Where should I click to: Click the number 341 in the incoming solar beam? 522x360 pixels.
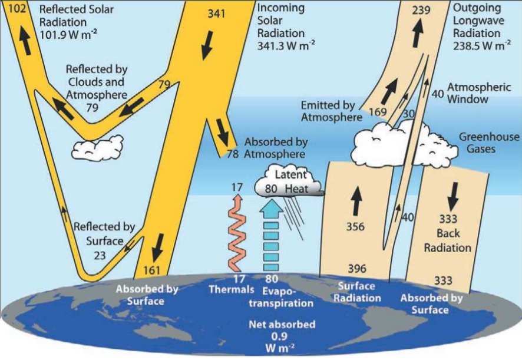point(216,14)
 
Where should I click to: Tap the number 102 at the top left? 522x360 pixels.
point(17,8)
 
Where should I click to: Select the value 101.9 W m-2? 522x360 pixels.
point(68,34)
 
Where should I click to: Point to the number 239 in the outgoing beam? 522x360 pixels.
point(421,10)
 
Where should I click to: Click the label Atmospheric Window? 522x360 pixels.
point(479,93)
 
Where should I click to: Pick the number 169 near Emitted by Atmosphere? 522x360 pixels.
point(378,111)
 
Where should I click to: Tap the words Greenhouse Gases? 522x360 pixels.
point(488,143)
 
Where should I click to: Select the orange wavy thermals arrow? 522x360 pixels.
point(237,233)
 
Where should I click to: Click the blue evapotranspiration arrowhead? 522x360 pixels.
point(272,210)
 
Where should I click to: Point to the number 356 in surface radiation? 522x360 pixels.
point(355,227)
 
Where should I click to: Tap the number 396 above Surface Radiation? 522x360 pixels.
point(357,269)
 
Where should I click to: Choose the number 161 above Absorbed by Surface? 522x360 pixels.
point(151,270)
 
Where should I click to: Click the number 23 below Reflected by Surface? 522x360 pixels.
point(100,256)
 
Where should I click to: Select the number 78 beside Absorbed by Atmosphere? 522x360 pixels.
point(233,154)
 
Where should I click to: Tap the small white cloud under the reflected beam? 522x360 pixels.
point(97,148)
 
